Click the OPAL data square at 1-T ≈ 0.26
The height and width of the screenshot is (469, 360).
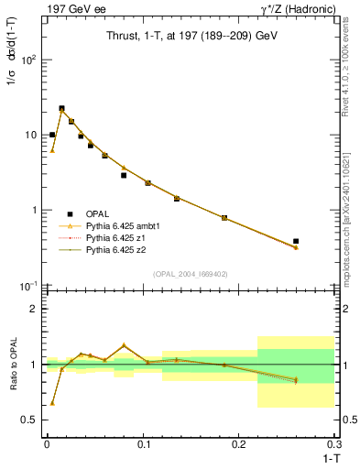(296, 242)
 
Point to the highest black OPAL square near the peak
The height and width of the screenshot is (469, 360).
(61, 108)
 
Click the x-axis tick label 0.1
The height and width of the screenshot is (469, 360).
(143, 443)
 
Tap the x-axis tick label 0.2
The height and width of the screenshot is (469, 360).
(239, 443)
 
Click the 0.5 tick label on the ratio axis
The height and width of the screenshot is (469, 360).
(29, 420)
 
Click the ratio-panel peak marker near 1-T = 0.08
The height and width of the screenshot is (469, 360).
(124, 345)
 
